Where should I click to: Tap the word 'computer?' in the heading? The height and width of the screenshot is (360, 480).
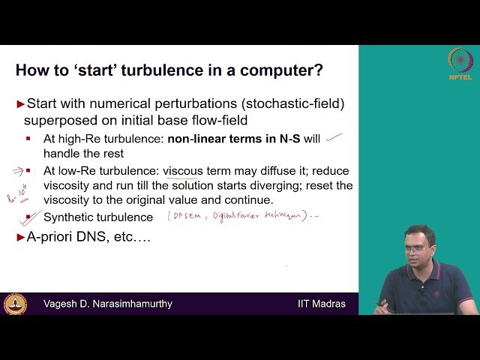point(282,71)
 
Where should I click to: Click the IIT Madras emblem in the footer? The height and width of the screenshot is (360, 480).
point(14,304)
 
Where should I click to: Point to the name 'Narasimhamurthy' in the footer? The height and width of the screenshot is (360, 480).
point(129,304)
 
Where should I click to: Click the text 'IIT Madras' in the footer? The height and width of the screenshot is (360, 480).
point(321,304)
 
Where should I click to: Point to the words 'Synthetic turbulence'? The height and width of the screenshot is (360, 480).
point(98,217)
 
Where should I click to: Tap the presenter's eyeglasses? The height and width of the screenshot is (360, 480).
point(417,248)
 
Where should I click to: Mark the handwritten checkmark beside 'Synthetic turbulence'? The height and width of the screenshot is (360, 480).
point(30,217)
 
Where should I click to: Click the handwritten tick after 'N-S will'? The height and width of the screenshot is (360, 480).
point(334,137)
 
